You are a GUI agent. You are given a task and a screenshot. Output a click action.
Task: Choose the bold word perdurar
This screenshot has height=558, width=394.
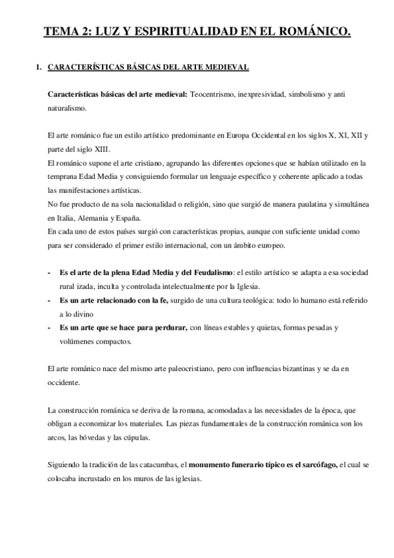(166, 327)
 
